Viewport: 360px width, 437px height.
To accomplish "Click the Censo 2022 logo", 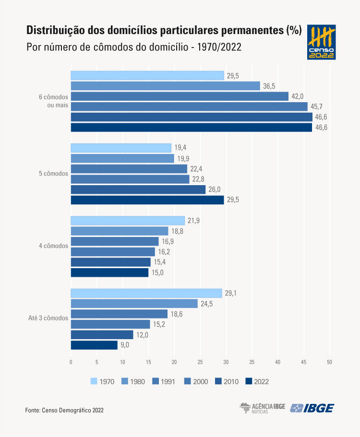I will (321, 43).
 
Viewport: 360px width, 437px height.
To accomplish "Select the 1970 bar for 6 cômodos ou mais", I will (147, 75).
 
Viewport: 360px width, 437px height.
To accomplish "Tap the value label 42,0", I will (298, 96).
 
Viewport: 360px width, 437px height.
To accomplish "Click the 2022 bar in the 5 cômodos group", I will (147, 200).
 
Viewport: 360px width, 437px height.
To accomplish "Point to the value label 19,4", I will (180, 148).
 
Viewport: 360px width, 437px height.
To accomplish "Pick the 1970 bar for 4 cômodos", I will (128, 221).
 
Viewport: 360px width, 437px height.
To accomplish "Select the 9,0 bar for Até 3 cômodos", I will (94, 345).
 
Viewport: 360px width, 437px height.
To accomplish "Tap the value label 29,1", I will (231, 293).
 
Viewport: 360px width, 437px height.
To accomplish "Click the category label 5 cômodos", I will (53, 174).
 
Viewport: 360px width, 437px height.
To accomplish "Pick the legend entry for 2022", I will (256, 381).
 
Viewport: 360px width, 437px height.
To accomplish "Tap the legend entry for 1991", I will (164, 381).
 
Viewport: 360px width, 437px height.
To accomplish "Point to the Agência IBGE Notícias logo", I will (262, 408).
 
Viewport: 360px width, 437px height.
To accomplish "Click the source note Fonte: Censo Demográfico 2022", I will (64, 410).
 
